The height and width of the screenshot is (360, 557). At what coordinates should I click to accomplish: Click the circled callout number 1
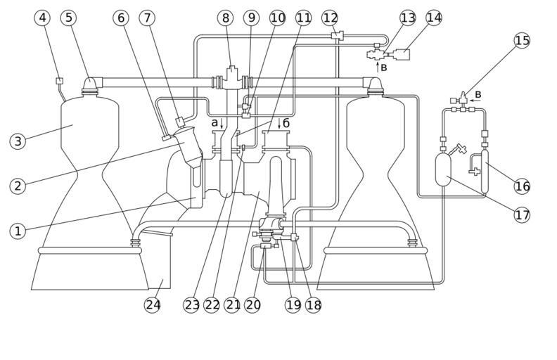pyautogui.click(x=18, y=231)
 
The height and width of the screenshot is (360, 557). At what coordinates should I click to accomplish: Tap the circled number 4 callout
pyautogui.click(x=43, y=18)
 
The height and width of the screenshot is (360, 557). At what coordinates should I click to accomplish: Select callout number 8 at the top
pyautogui.click(x=225, y=18)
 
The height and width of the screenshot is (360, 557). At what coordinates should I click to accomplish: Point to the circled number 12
pyautogui.click(x=330, y=18)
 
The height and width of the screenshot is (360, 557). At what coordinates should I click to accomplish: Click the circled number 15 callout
pyautogui.click(x=522, y=40)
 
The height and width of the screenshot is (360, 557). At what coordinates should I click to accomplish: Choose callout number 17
pyautogui.click(x=522, y=214)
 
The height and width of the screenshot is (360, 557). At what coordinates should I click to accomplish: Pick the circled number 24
pyautogui.click(x=153, y=304)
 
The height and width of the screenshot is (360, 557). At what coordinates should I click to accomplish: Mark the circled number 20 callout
pyautogui.click(x=252, y=304)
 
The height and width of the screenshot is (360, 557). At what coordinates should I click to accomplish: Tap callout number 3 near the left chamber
pyautogui.click(x=18, y=141)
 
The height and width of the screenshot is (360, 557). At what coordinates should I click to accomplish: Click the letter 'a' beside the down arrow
pyautogui.click(x=215, y=123)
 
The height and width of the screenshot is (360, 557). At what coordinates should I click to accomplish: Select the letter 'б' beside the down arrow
pyautogui.click(x=286, y=123)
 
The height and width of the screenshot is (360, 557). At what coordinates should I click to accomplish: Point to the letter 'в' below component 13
pyautogui.click(x=384, y=68)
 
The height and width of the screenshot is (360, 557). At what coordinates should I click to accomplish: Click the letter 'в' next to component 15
pyautogui.click(x=478, y=94)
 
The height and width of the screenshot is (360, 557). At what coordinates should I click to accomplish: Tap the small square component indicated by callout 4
pyautogui.click(x=60, y=81)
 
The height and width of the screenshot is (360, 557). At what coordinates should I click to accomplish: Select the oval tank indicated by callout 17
pyautogui.click(x=443, y=169)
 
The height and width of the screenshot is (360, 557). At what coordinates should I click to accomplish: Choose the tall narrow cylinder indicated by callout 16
pyautogui.click(x=485, y=170)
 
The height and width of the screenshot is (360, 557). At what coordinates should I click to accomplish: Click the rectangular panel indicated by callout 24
pyautogui.click(x=160, y=262)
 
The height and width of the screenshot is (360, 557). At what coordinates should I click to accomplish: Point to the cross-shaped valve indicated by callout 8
pyautogui.click(x=232, y=79)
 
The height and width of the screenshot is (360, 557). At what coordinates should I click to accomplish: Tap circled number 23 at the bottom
pyautogui.click(x=192, y=304)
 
